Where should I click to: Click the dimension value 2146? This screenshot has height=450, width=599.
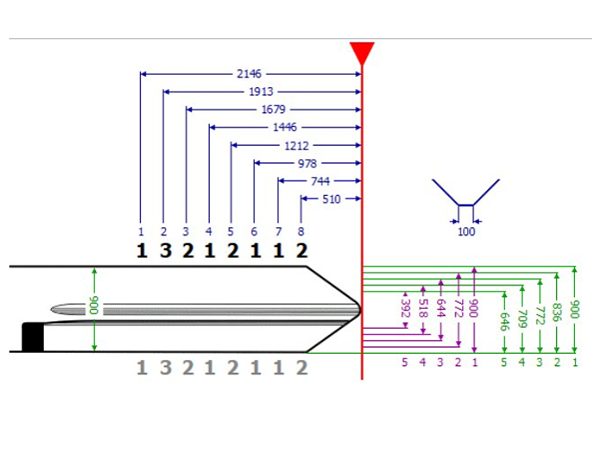(x=250, y=74)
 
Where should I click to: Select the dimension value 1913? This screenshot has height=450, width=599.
(x=261, y=92)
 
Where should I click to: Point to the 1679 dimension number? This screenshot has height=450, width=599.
(x=273, y=110)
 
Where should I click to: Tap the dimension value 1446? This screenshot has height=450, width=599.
(x=284, y=128)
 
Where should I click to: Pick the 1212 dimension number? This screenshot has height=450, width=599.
(x=296, y=146)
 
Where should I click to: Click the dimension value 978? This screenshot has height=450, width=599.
(x=307, y=164)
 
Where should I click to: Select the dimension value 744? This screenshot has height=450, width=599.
(x=319, y=182)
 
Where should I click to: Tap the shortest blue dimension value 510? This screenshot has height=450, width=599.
(x=330, y=200)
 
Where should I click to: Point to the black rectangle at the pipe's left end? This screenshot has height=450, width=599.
(x=33, y=338)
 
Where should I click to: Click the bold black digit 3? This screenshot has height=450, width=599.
(x=164, y=250)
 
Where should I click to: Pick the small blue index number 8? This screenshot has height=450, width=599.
(x=300, y=232)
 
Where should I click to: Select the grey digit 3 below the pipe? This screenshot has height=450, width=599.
(x=164, y=367)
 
